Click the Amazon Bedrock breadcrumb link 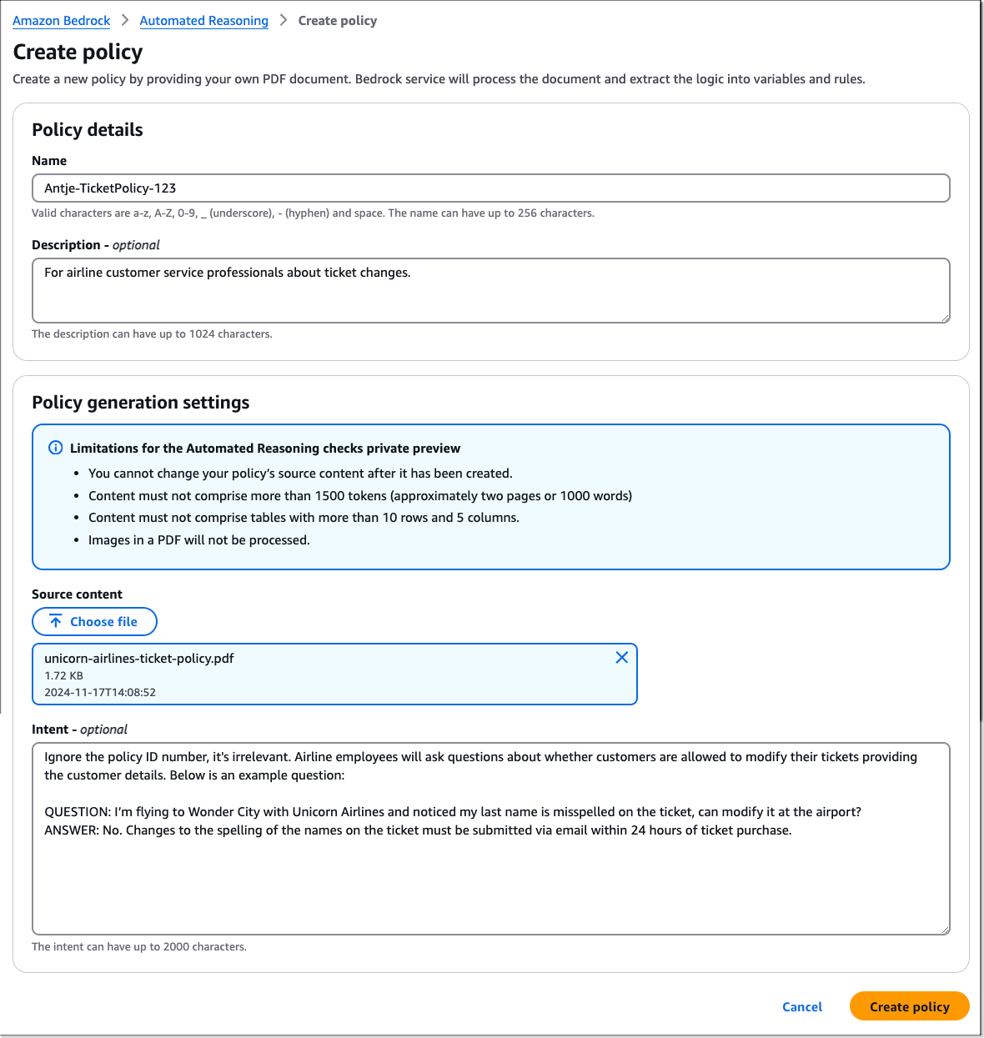point(61,21)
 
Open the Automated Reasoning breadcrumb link point(203,21)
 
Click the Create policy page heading point(78,53)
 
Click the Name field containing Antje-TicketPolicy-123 point(490,188)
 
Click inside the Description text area point(490,290)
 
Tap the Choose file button point(94,622)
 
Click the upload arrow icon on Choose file point(56,622)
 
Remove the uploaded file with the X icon point(621,658)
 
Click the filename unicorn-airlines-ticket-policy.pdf point(139,659)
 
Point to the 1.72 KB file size point(63,676)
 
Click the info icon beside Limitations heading point(56,448)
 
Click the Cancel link point(801,1007)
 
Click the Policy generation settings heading point(140,403)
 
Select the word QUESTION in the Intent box point(77,812)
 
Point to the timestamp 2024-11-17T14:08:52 point(100,693)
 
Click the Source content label point(77,594)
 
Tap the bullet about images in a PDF point(198,540)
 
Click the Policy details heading point(87,130)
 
